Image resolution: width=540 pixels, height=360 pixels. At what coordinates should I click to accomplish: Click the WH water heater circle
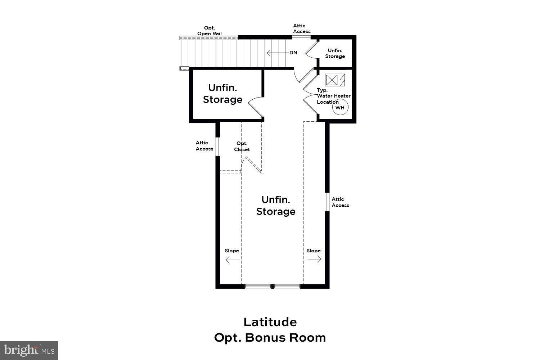point(340,108)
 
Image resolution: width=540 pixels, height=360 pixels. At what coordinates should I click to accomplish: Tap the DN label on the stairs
point(293,53)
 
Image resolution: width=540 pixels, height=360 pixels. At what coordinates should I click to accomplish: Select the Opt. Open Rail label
point(209,31)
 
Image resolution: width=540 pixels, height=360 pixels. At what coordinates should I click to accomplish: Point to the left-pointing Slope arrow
point(232,260)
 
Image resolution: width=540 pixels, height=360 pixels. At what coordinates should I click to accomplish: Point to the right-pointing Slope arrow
point(314,259)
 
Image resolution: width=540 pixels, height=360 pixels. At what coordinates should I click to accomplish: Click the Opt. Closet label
point(242,147)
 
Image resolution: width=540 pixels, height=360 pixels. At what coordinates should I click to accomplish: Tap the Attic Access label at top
point(301,28)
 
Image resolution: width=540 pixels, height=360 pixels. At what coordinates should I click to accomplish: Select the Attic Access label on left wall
point(204,146)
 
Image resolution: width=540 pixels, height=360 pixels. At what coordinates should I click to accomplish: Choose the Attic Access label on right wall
point(340,202)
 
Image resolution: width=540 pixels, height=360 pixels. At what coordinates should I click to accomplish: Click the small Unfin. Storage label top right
point(335,53)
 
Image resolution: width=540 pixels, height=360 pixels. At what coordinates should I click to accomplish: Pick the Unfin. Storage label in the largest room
point(276,206)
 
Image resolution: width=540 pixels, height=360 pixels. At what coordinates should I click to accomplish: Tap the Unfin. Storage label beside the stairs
point(222,94)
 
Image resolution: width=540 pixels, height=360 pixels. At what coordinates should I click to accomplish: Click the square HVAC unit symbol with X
point(331,80)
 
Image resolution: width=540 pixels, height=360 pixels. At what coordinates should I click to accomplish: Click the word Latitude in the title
point(270,322)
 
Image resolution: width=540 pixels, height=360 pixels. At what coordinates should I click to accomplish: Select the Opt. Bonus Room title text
point(270,338)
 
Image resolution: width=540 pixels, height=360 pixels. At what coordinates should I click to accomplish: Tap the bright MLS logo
point(29,350)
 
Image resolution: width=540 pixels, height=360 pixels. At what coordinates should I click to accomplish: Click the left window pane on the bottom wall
point(258,287)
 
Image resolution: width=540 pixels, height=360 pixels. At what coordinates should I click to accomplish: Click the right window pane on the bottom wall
point(287,287)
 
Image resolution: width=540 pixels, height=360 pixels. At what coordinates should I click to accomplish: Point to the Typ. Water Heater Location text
point(333,96)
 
